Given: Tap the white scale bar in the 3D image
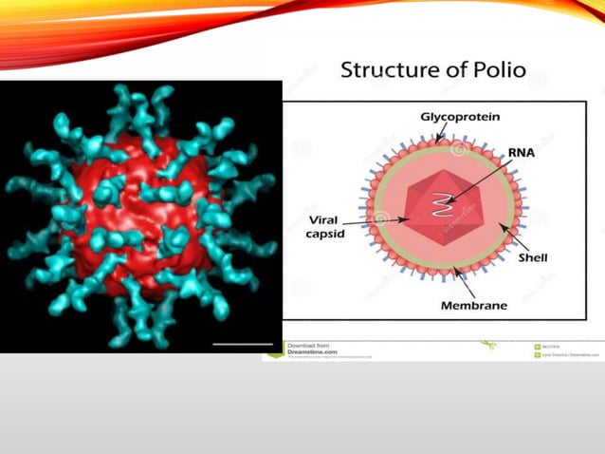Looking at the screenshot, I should click(x=244, y=344).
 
